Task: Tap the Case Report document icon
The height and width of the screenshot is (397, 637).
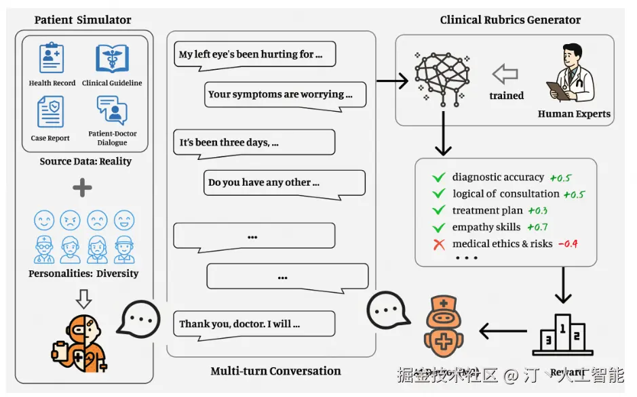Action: tap(50, 112)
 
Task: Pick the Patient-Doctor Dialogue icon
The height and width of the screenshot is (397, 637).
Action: tap(112, 110)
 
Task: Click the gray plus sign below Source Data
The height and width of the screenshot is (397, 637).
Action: tap(82, 188)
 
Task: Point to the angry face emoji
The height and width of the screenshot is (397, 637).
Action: tap(71, 220)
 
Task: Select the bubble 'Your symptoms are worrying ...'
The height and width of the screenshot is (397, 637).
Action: tap(285, 95)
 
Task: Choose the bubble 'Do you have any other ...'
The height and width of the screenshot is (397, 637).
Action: tap(284, 183)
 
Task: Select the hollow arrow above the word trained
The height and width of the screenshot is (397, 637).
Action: tap(505, 74)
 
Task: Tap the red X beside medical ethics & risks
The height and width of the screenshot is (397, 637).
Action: tap(439, 244)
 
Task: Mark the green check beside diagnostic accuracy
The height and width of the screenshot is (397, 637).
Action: tap(439, 177)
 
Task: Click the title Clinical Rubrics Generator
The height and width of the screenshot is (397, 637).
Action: tap(510, 20)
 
